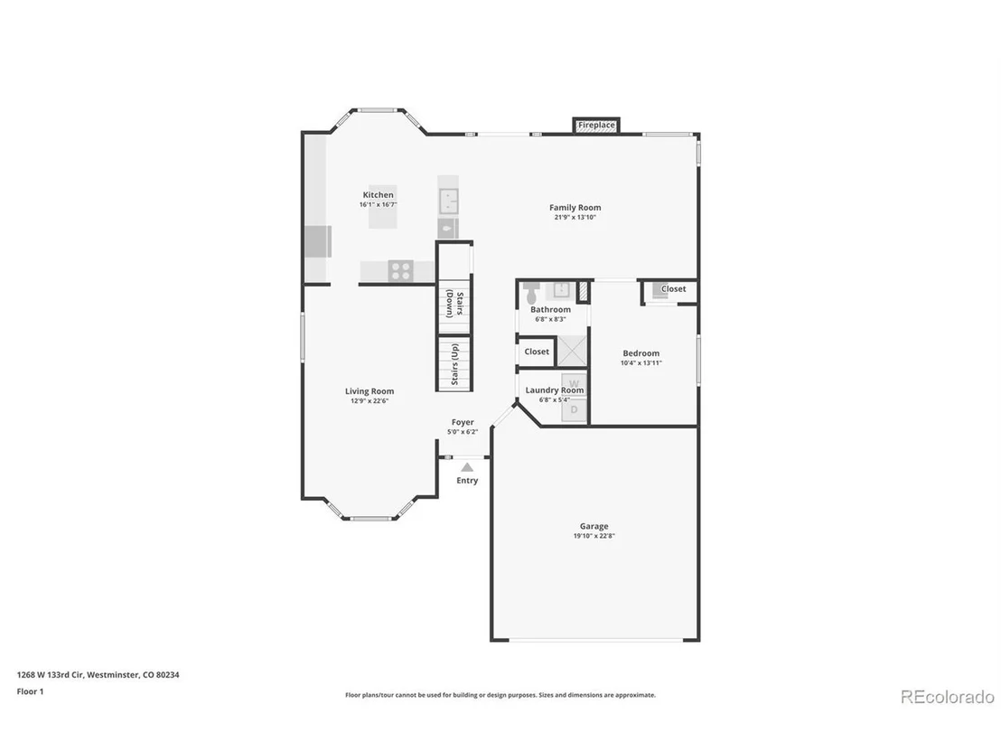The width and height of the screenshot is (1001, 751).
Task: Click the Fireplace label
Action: coord(596,125)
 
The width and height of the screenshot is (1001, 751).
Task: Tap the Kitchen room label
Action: coord(378,195)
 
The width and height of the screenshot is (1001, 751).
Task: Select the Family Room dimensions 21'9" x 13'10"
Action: coord(575,217)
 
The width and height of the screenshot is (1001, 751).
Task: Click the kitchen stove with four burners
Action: coord(401,271)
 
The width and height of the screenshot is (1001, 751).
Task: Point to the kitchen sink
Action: coord(449,201)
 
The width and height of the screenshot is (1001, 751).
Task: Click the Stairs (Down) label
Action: coord(454,304)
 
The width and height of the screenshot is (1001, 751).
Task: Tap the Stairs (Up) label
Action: coord(454,364)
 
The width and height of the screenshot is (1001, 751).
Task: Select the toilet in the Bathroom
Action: coord(531,293)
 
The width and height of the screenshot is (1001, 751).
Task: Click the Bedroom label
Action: coord(641,353)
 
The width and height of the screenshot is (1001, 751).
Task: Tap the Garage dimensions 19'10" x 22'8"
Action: coord(594,537)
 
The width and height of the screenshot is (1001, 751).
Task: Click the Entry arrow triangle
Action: coord(467,467)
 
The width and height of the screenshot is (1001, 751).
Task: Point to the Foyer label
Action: coord(463,422)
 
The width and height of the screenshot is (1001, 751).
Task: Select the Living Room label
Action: coord(370,391)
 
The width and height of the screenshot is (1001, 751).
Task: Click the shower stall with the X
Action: coord(572,351)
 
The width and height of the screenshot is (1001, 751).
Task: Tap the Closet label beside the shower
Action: coord(537,352)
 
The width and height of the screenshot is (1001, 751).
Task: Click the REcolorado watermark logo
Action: coord(948,697)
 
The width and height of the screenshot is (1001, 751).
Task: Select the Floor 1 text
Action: coord(30,691)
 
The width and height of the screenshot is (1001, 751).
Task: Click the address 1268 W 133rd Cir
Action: coord(50,675)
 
